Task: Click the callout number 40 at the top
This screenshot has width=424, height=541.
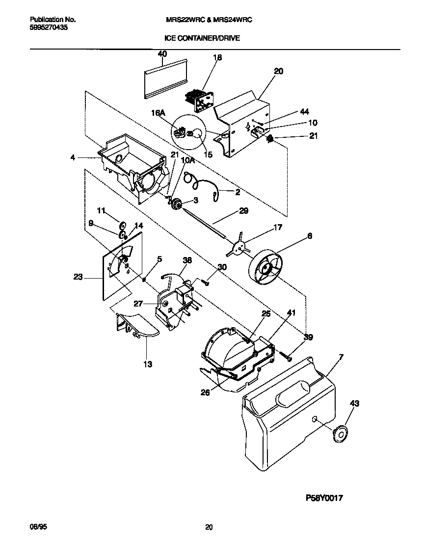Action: (x=162, y=54)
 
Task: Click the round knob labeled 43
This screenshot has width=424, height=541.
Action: (x=339, y=433)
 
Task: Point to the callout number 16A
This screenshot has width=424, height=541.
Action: (x=158, y=113)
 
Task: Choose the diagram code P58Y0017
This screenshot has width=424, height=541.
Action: (x=324, y=498)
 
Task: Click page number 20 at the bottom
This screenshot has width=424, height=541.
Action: (x=209, y=527)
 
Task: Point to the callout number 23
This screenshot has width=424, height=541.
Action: (x=79, y=277)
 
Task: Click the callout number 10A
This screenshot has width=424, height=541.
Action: (x=188, y=160)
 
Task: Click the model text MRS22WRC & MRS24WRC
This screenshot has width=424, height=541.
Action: (x=210, y=20)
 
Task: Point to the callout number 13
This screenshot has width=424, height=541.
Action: (x=148, y=364)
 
